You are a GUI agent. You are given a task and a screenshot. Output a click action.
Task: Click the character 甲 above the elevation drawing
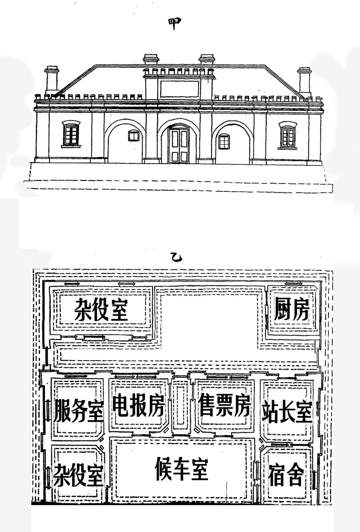(x=176, y=23)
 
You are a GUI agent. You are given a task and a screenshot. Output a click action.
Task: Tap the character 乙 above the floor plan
(x=175, y=258)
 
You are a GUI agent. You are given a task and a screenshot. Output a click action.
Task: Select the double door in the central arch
(x=178, y=145)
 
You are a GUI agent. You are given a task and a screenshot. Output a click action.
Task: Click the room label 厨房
(x=292, y=309)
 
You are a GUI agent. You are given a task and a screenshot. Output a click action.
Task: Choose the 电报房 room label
(x=139, y=406)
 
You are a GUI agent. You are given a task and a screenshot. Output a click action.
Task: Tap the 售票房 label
(x=224, y=406)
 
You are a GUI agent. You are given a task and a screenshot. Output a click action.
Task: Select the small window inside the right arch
(x=224, y=142)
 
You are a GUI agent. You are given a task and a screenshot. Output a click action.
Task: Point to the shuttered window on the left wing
(x=71, y=134)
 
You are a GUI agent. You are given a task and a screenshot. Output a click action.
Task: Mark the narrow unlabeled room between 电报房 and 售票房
(x=181, y=404)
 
